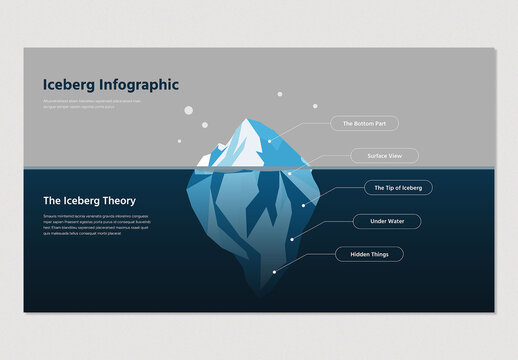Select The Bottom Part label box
tap(364, 124)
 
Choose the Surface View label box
tap(384, 156)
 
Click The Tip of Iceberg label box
tap(398, 187)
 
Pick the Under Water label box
tap(387, 221)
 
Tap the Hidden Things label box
tap(369, 254)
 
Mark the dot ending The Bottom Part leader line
tap(269, 141)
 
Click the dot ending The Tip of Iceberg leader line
tap(303, 205)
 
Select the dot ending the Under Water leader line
tap(291, 239)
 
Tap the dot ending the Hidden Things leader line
tap(274, 270)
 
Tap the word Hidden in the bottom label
tap(358, 254)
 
